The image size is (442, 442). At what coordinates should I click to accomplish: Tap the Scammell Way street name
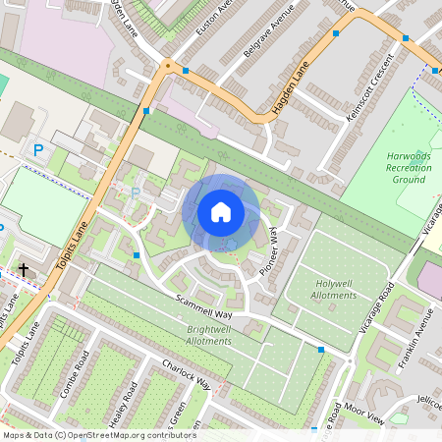pos(203,304)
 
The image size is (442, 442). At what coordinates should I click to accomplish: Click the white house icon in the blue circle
pos(221,211)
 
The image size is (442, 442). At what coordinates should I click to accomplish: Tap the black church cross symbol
pos(24,268)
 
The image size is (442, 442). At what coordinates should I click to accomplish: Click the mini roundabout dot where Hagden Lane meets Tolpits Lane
pos(168,66)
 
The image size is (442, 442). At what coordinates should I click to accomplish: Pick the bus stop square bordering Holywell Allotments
pos(320,349)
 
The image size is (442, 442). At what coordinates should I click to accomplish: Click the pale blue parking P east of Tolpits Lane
pos(136,193)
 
